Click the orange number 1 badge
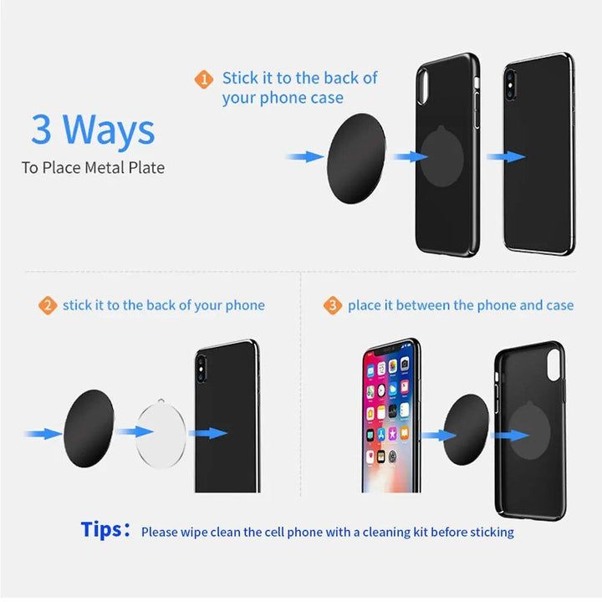coord(204,80)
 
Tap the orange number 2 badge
coord(48,306)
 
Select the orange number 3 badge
coord(333,306)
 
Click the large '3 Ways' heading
coord(93,130)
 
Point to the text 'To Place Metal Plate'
coord(93,168)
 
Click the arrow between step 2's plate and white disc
coord(133,432)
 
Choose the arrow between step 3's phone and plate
coord(437,436)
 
